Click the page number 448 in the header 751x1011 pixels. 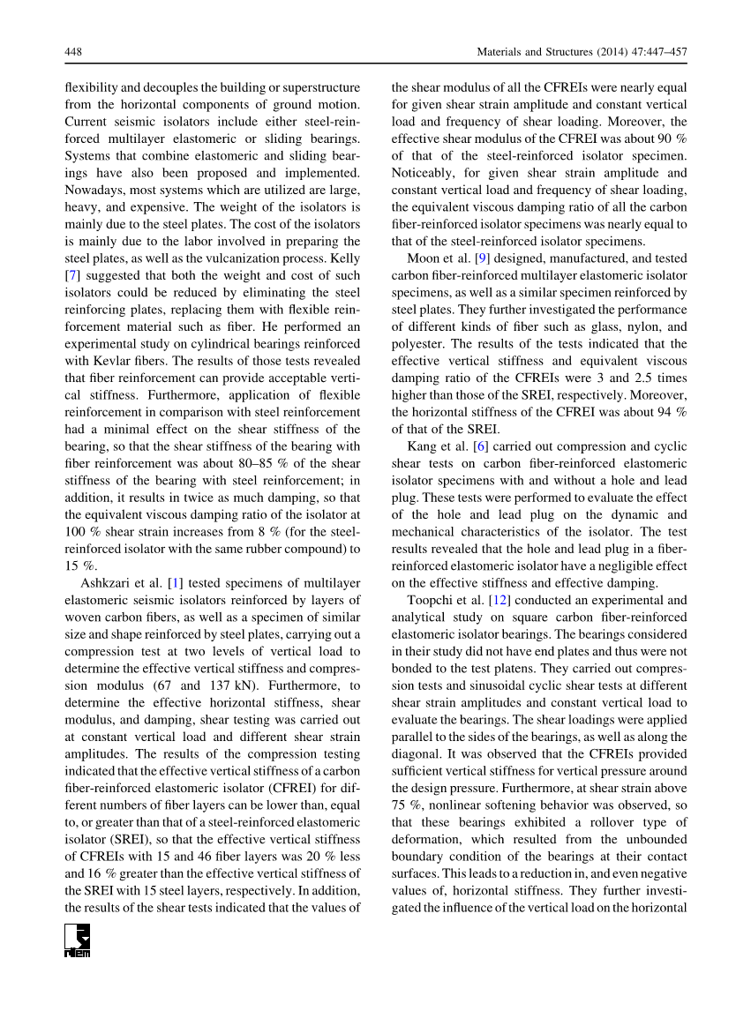74,53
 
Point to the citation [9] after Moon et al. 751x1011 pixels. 481,258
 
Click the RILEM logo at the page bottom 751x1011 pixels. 78,940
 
